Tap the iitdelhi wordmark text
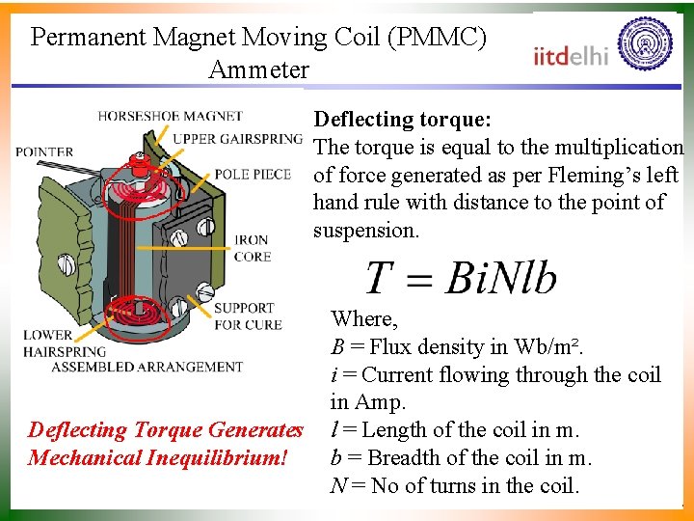(x=572, y=55)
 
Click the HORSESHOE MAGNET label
(x=170, y=117)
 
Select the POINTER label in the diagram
(x=44, y=151)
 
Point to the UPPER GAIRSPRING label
(x=237, y=139)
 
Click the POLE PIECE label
(x=253, y=175)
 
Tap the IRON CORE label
(x=253, y=248)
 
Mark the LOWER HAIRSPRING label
(x=52, y=343)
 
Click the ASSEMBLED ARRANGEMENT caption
(x=147, y=367)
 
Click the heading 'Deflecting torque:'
(x=404, y=120)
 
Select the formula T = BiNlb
(x=461, y=278)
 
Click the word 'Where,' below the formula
(x=363, y=318)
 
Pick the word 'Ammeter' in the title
(x=258, y=69)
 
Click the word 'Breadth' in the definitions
(x=404, y=457)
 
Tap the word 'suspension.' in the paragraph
(x=366, y=231)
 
